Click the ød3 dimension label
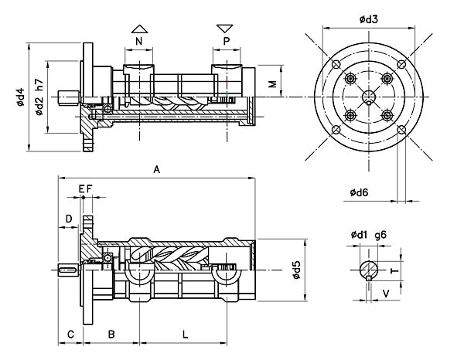point(369,19)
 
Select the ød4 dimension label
point(20,97)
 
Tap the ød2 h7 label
point(39,97)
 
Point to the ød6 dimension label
point(359,192)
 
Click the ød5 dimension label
point(296,270)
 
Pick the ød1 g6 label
point(369,235)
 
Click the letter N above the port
point(138,41)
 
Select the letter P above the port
point(227,41)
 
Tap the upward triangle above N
point(139,29)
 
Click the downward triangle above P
point(225,29)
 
